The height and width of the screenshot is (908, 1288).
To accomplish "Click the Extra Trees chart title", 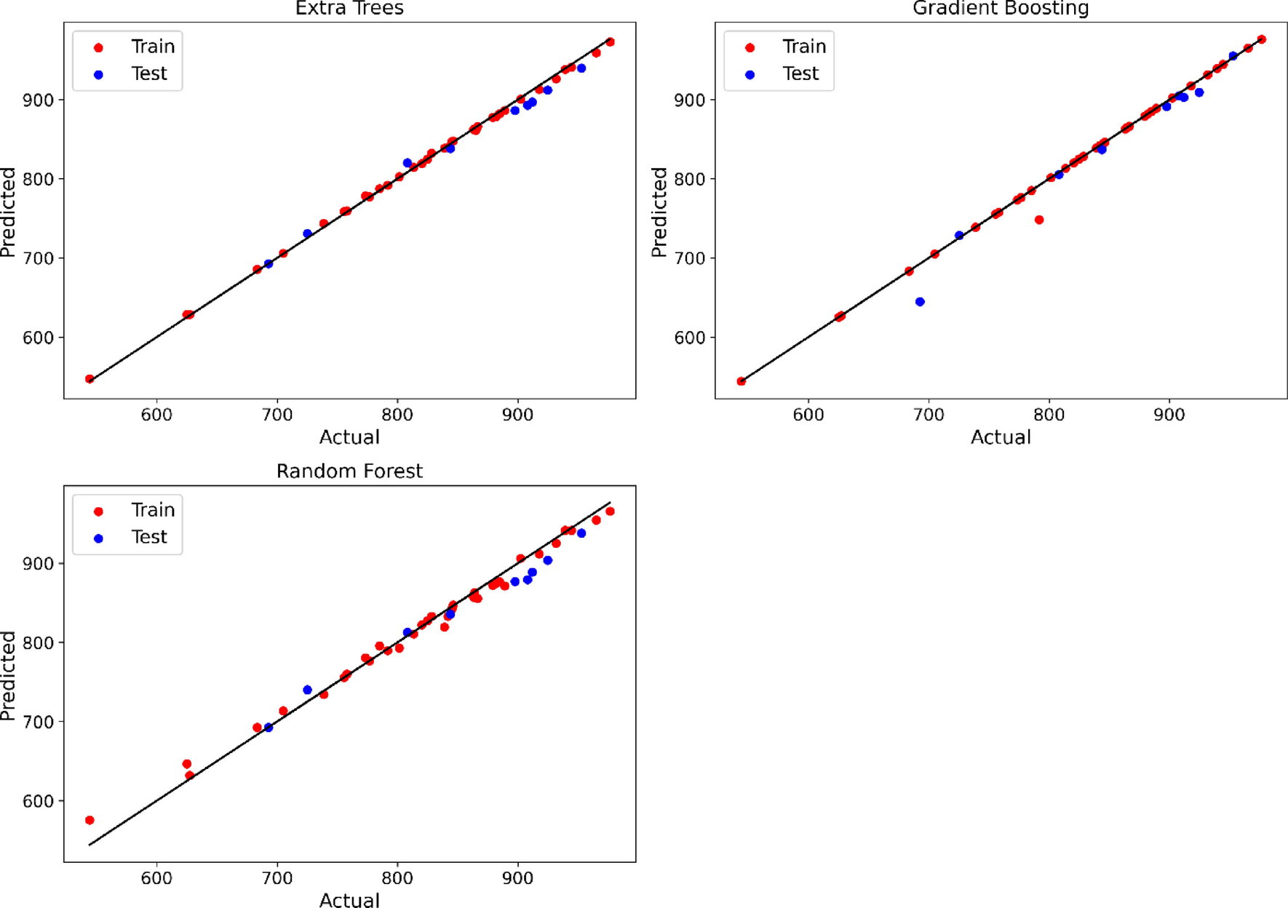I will click(x=349, y=9).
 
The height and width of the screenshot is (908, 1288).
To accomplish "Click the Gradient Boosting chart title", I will click(x=1001, y=9).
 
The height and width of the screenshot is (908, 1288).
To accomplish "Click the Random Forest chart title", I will click(x=349, y=471).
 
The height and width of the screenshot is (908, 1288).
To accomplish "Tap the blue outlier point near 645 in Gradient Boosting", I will click(x=920, y=302).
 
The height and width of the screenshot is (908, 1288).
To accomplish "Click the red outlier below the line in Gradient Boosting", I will click(x=1039, y=220).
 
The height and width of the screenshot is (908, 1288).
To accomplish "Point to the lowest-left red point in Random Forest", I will click(x=90, y=820).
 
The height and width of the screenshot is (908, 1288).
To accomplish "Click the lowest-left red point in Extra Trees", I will click(x=90, y=379).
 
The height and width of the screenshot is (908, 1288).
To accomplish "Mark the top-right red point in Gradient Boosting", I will click(x=1262, y=40).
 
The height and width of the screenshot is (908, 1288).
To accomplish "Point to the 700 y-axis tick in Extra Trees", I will click(x=38, y=258).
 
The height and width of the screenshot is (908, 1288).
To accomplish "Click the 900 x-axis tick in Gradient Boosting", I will click(x=1169, y=415).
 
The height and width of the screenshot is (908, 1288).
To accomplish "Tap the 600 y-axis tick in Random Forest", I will click(x=38, y=801).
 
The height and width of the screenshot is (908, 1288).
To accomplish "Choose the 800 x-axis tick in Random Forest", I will click(x=397, y=878).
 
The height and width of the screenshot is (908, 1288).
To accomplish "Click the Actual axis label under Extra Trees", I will click(x=349, y=437).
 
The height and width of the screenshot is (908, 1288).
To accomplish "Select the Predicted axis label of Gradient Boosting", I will click(x=659, y=212).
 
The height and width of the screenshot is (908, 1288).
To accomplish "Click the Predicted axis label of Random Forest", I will click(x=8, y=675).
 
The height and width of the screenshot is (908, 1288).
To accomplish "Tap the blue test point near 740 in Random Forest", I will click(x=307, y=690).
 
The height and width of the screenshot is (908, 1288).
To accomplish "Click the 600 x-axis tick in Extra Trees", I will click(x=156, y=415).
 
